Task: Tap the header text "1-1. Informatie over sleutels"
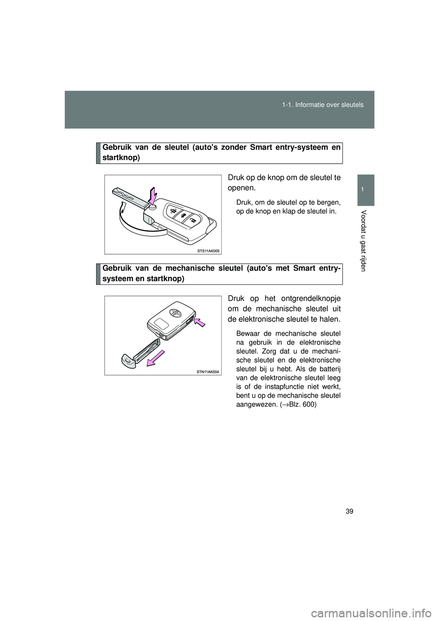click(x=329, y=105)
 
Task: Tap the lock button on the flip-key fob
click(x=174, y=210)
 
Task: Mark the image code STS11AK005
click(x=209, y=251)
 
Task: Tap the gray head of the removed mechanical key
click(x=128, y=361)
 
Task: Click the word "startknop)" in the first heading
click(x=121, y=157)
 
